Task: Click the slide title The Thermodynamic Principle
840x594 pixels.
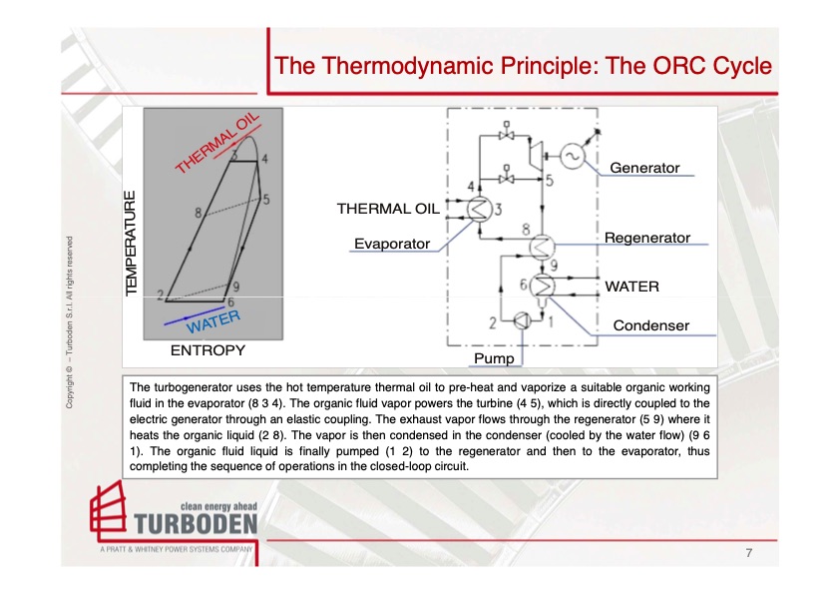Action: click(x=523, y=66)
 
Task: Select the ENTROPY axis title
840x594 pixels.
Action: click(x=208, y=351)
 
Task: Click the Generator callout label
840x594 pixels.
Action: click(x=643, y=168)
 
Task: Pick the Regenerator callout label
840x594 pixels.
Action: click(x=646, y=238)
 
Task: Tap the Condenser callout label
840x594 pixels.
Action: click(x=650, y=325)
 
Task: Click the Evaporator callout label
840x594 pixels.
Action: click(x=391, y=244)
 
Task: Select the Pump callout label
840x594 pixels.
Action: click(x=494, y=357)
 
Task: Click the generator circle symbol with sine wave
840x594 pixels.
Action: click(x=572, y=156)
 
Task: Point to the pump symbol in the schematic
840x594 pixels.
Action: click(x=522, y=321)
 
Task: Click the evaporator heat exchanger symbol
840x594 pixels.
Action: click(x=479, y=208)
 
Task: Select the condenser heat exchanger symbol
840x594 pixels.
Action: click(x=543, y=286)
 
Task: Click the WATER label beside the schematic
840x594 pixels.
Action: click(x=631, y=287)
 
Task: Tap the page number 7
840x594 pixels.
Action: click(x=747, y=552)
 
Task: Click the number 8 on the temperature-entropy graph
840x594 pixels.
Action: click(x=200, y=212)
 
